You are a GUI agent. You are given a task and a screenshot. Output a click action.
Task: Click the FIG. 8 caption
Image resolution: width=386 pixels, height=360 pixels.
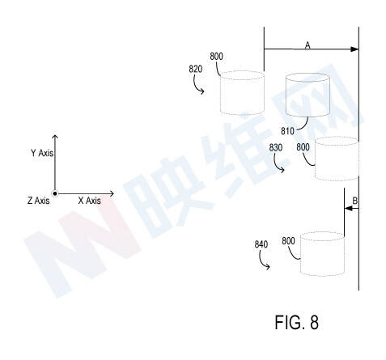(x=296, y=322)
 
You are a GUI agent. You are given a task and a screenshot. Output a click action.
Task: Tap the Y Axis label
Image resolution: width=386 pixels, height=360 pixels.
(x=42, y=153)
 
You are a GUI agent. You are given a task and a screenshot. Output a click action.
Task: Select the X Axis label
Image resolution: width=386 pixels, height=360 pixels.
(x=89, y=201)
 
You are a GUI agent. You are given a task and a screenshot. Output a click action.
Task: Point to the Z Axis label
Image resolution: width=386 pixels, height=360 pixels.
(x=38, y=201)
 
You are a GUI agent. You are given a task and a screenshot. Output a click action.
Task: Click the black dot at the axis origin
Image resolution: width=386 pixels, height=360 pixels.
(x=55, y=193)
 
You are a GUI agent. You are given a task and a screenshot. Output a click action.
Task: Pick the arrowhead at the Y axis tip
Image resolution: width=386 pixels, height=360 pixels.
(x=55, y=137)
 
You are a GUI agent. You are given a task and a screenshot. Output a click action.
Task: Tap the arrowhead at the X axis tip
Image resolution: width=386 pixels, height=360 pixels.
(x=112, y=193)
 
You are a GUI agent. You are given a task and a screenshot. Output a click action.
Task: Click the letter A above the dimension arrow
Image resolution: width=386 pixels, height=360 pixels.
(x=308, y=45)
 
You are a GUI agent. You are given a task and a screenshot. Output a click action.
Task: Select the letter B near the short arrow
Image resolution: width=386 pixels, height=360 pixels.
(x=355, y=201)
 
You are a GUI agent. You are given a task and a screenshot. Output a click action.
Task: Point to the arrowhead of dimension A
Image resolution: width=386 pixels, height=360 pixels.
(x=354, y=49)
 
